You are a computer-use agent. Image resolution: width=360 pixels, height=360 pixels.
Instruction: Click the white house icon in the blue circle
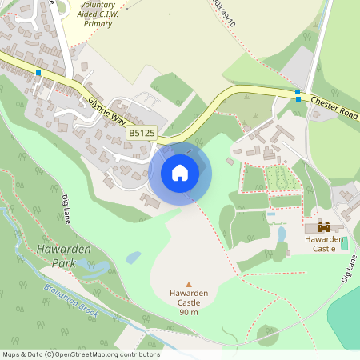point(180,172)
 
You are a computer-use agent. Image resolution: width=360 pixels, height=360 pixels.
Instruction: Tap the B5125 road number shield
point(141,134)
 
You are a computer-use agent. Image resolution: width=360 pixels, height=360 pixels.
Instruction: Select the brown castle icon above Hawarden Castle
point(324,227)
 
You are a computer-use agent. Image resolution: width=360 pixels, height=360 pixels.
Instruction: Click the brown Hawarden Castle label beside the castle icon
point(324,243)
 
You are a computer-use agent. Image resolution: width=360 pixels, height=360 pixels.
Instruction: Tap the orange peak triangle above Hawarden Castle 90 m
point(189,284)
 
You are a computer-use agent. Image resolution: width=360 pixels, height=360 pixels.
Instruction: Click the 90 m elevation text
point(189,312)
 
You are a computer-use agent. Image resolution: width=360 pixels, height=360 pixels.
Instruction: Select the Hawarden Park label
point(64,256)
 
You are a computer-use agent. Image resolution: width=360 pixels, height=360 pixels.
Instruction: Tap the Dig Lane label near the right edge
point(347,270)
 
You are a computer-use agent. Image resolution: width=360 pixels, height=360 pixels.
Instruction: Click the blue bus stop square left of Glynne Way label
point(38,73)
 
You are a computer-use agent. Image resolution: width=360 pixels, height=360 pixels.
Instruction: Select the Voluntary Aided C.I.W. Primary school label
point(98,14)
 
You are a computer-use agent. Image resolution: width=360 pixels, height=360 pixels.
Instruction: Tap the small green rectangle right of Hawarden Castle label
point(345,243)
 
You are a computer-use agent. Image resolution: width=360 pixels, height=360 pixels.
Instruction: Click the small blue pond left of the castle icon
point(281,234)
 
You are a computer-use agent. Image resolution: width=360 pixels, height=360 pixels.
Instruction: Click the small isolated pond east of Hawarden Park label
point(133,258)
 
